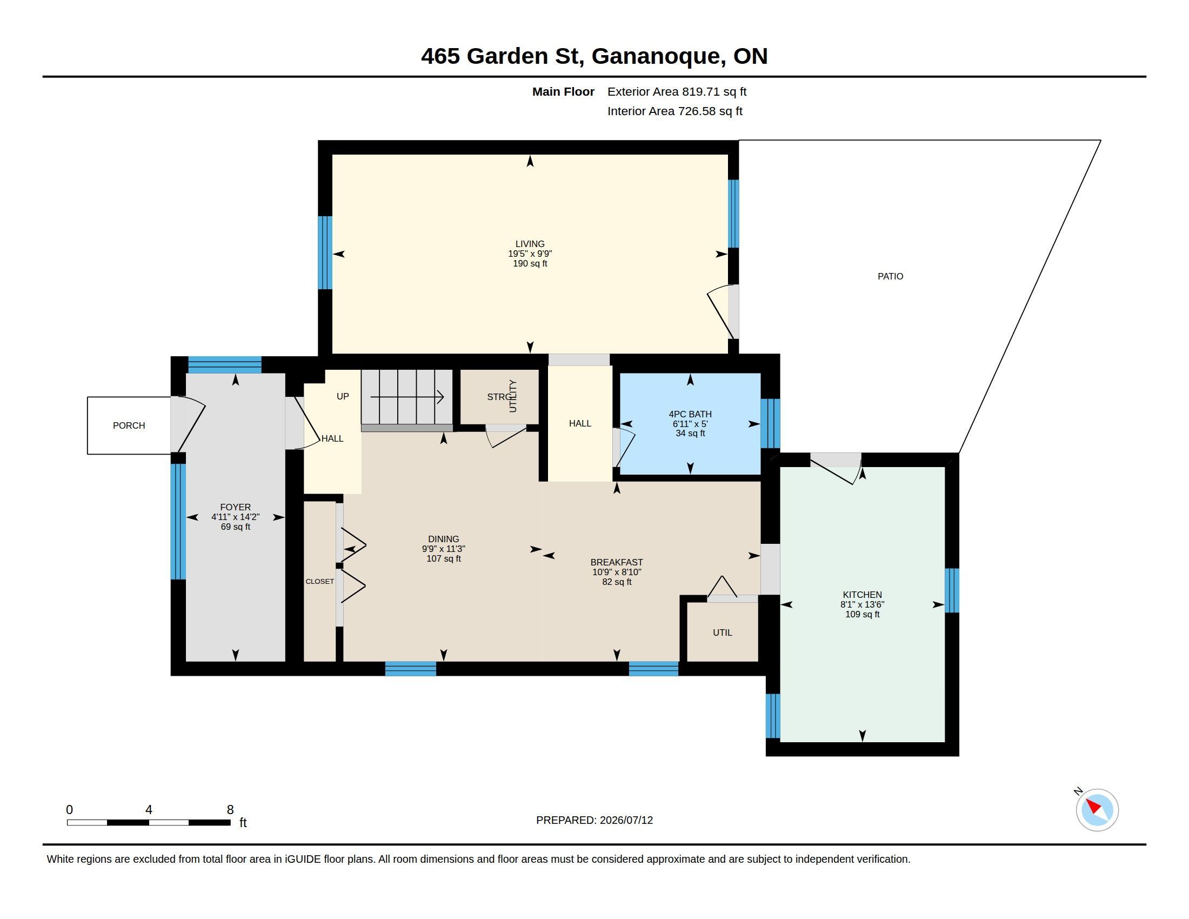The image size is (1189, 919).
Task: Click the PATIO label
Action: click(x=890, y=277)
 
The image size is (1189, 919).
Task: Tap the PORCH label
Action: click(x=129, y=426)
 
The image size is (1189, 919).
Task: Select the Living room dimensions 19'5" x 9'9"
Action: click(x=530, y=254)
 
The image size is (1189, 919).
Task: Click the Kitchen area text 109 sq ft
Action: click(x=862, y=614)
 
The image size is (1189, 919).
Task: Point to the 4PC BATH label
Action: click(x=690, y=414)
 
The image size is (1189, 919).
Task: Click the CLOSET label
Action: click(x=319, y=582)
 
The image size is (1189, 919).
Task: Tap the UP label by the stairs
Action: click(x=343, y=396)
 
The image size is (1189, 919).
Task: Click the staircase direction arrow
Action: click(x=406, y=397)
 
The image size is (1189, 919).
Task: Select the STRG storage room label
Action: click(x=498, y=397)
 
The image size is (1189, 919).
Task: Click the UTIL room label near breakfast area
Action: click(x=723, y=632)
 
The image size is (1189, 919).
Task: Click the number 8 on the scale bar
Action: click(x=230, y=810)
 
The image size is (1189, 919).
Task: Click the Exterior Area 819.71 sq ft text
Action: click(x=677, y=92)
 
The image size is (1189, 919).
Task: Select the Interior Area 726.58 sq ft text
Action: click(x=674, y=111)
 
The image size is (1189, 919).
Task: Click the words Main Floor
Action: click(x=563, y=92)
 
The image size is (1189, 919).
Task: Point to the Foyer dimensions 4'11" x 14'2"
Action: click(x=235, y=517)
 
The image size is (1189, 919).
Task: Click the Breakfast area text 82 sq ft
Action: click(x=616, y=582)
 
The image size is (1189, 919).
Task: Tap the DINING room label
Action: click(x=443, y=539)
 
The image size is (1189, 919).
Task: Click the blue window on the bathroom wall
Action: click(x=770, y=424)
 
